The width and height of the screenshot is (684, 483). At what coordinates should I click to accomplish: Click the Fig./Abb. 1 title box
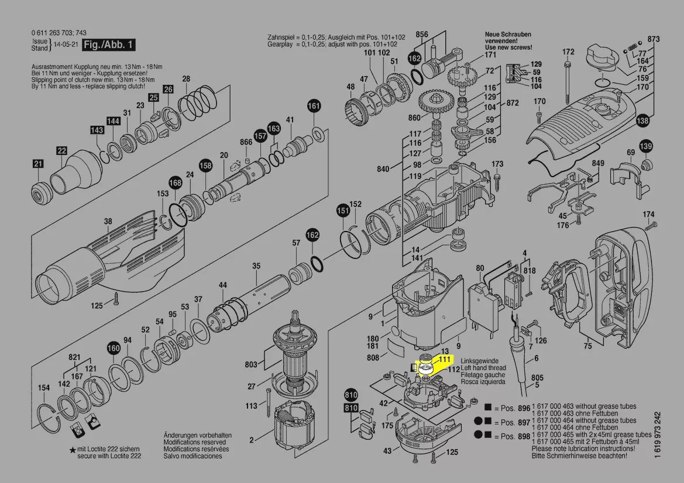tap(108, 45)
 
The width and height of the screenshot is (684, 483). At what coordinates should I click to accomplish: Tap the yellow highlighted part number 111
tap(445, 359)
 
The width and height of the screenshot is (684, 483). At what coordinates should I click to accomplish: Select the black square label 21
tap(38, 164)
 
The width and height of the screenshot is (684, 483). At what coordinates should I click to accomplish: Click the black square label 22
tap(61, 151)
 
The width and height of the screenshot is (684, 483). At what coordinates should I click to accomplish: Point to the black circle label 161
tap(314, 106)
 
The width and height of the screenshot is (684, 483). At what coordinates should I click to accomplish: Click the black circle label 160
tap(114, 349)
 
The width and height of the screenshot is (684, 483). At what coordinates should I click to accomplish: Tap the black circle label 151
tap(342, 210)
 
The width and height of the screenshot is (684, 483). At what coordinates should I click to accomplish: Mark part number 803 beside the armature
tap(251, 365)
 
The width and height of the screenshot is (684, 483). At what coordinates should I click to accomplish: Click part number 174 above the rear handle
tap(649, 215)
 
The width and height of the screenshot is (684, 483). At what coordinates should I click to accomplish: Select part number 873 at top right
tap(654, 39)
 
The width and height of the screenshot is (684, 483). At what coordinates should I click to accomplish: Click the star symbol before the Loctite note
tap(72, 449)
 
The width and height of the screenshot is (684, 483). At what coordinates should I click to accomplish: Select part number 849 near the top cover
tap(598, 163)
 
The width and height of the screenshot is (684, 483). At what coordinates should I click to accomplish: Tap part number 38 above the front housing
tap(108, 222)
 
